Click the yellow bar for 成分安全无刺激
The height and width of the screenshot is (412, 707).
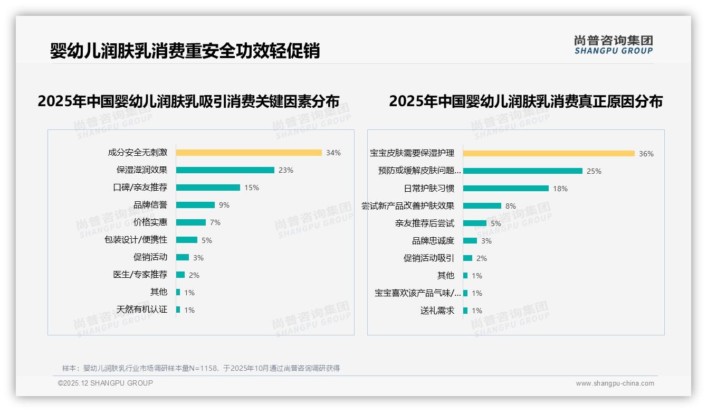(x=249, y=153)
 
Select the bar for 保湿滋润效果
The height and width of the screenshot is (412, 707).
(x=225, y=170)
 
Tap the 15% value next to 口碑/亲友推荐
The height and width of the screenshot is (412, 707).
(x=252, y=188)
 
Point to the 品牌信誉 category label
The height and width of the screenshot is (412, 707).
(x=150, y=205)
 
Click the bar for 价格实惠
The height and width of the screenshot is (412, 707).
(x=190, y=222)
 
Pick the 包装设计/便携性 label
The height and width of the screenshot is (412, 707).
(x=136, y=240)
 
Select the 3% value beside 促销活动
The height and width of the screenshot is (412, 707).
(x=198, y=258)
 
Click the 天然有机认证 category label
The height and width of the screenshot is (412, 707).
(x=142, y=310)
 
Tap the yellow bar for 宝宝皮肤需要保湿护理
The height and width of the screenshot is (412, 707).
(x=549, y=154)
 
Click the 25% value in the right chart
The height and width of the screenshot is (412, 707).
(x=594, y=171)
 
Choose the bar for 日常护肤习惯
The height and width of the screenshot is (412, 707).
(x=505, y=189)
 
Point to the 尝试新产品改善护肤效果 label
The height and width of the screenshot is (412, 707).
(x=408, y=206)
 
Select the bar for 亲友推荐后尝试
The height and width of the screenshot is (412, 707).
(x=474, y=223)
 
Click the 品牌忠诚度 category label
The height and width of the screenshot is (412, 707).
(x=433, y=241)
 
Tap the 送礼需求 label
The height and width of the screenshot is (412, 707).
(x=437, y=311)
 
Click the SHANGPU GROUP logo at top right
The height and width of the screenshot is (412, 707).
(x=614, y=45)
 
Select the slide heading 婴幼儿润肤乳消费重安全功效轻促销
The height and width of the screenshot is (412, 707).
(x=185, y=51)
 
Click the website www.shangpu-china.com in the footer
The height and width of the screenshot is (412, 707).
(x=615, y=383)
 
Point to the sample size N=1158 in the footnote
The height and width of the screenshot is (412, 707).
(x=203, y=368)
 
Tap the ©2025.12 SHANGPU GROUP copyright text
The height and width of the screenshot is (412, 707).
(x=106, y=383)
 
